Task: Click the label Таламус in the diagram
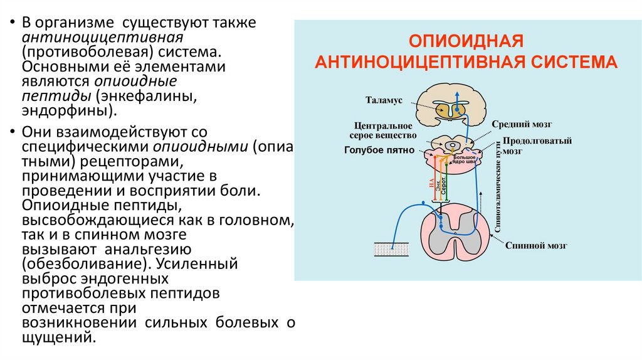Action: pos(384,100)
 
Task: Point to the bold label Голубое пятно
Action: pos(380,151)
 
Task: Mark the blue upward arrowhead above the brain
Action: pos(457,85)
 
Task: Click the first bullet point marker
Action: pos(11,23)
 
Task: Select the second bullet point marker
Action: pos(11,132)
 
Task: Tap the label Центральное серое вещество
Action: pos(382,130)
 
